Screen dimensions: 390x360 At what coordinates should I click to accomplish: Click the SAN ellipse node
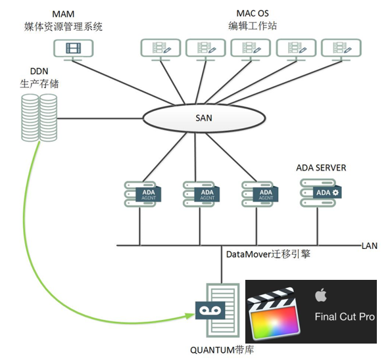tap(204, 118)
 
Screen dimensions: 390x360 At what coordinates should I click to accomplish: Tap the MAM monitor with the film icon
tap(74, 50)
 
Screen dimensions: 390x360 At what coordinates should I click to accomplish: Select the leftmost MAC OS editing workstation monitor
tap(160, 49)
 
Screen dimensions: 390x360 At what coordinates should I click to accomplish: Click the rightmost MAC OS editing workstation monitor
tap(341, 49)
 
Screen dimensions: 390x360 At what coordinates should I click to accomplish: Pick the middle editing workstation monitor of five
tap(251, 49)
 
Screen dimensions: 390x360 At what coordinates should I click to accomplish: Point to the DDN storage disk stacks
tap(39, 118)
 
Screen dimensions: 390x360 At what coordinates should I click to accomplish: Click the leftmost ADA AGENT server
tap(143, 194)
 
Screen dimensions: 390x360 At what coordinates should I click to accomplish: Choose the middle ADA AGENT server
tap(201, 194)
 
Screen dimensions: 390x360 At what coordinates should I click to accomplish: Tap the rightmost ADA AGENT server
tap(260, 194)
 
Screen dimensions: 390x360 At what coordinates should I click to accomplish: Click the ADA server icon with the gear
tap(320, 192)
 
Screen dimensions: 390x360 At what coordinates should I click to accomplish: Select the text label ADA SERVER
tap(321, 168)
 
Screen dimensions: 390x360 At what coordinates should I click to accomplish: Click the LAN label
tap(370, 246)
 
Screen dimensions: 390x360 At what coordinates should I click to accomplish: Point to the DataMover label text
tap(268, 254)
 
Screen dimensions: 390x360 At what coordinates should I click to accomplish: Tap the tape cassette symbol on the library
tap(210, 310)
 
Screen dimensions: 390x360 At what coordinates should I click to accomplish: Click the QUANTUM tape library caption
tap(222, 350)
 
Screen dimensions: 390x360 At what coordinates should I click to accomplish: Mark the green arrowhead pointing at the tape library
tap(190, 316)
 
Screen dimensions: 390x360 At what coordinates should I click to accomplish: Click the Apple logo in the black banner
tap(321, 295)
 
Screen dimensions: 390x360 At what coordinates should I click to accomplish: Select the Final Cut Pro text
tap(345, 317)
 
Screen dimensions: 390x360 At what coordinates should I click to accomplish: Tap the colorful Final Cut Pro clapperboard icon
tap(274, 314)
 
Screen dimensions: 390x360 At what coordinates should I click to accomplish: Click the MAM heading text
tap(63, 14)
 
